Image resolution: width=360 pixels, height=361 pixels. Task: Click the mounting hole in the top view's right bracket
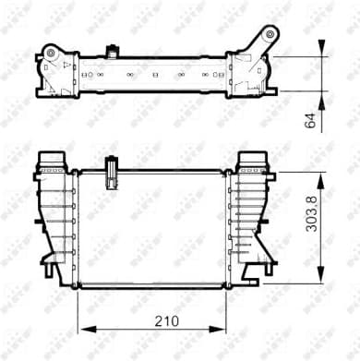pyautogui.click(x=269, y=36)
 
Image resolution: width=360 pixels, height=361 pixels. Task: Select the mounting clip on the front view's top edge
pyautogui.click(x=112, y=171)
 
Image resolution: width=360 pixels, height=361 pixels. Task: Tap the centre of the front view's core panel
pyautogui.click(x=151, y=226)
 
